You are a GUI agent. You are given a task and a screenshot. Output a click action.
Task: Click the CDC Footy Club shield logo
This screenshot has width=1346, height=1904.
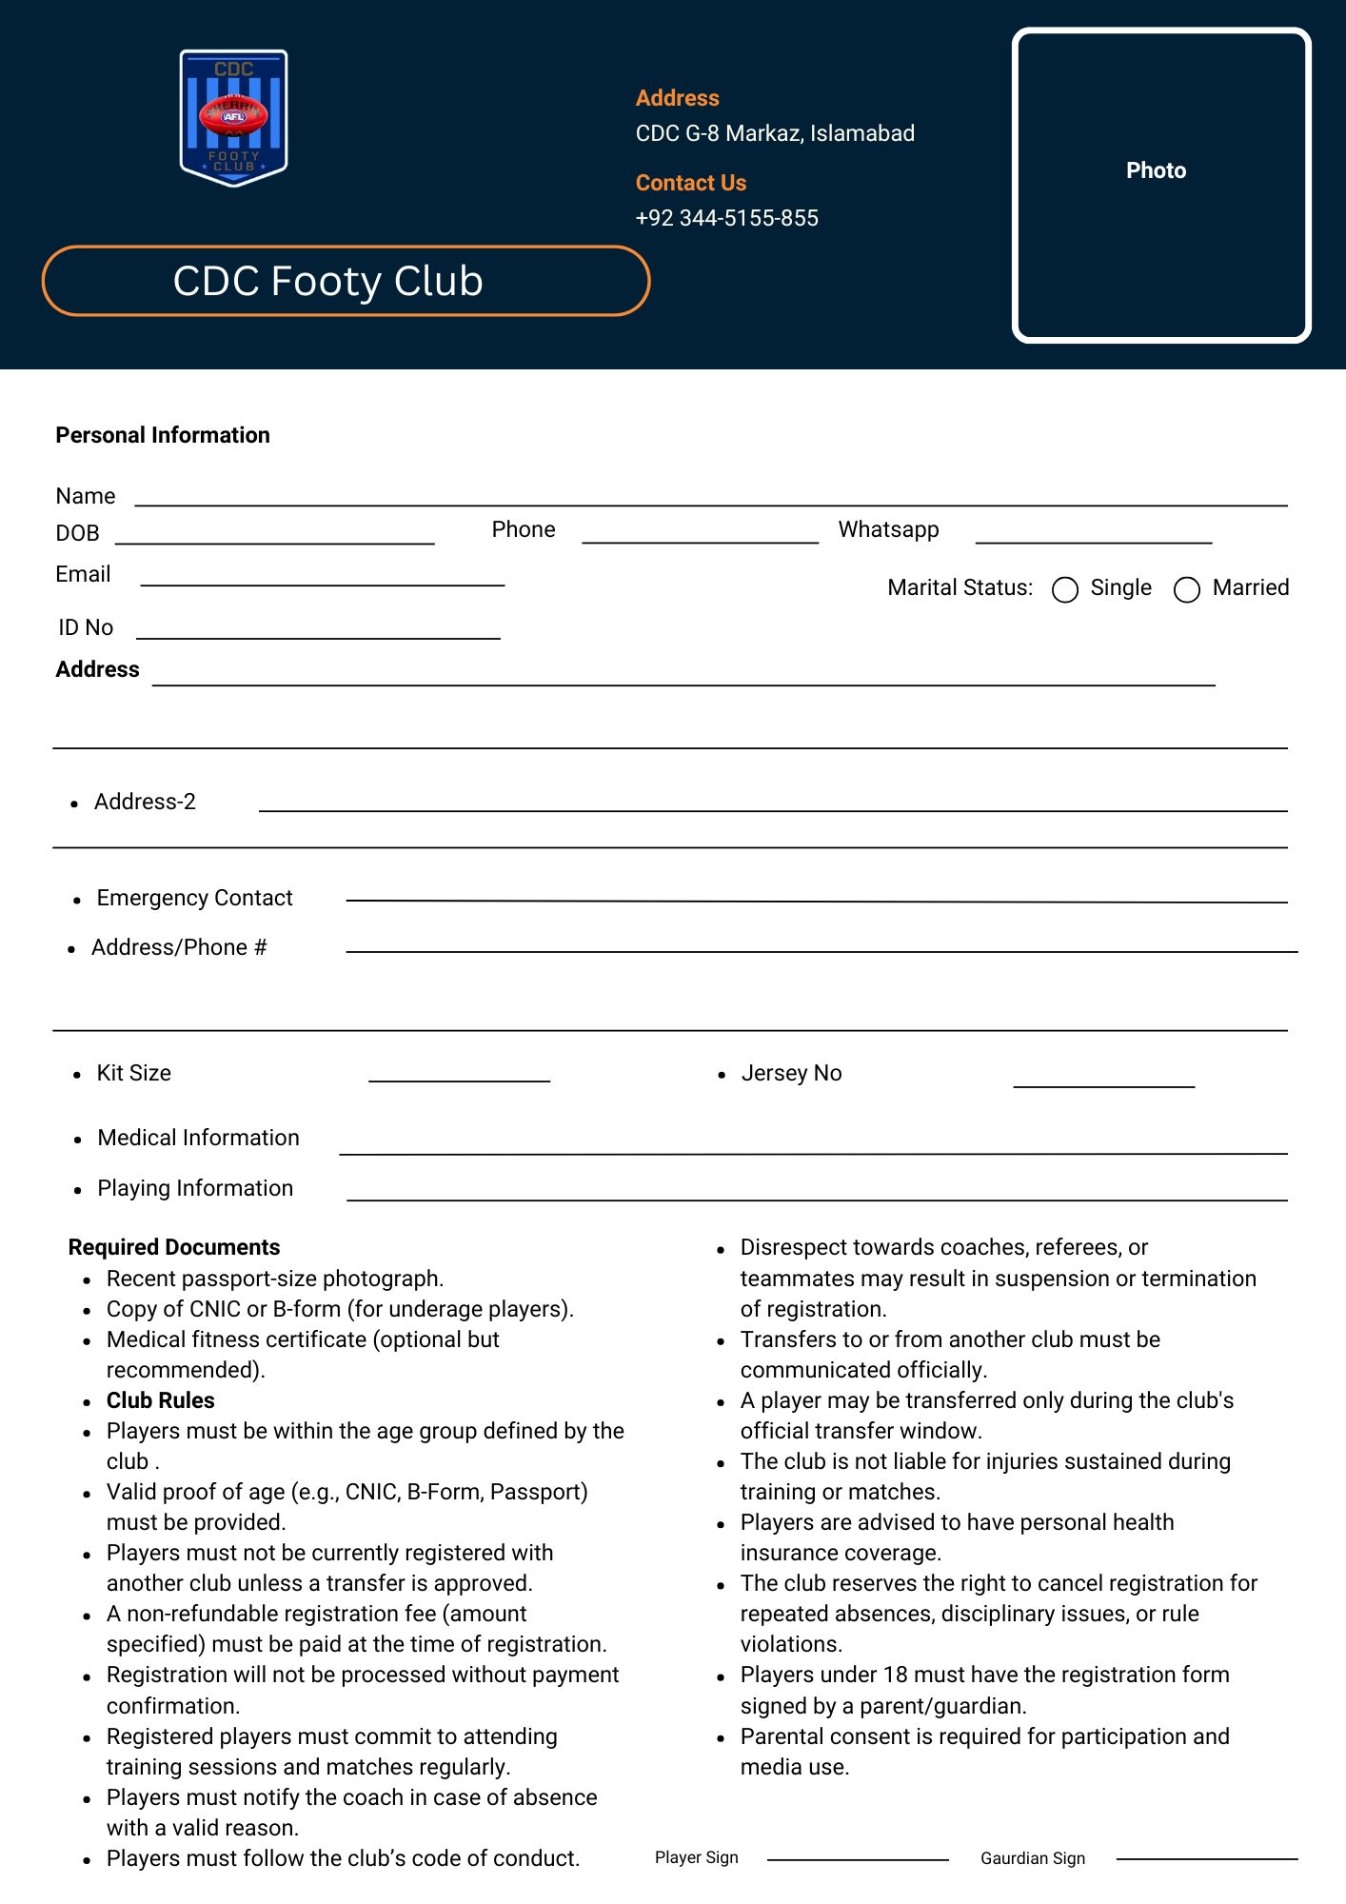pyautogui.click(x=233, y=117)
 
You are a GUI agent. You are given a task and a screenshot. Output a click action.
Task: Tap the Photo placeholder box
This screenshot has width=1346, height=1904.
pyautogui.click(x=1160, y=185)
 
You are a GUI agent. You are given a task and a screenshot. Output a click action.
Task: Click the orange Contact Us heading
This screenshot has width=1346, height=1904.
pyautogui.click(x=690, y=183)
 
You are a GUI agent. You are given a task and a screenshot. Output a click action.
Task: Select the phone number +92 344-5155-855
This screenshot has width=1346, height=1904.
pyautogui.click(x=726, y=218)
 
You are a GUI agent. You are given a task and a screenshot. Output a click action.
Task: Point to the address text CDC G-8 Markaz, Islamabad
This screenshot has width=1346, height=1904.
pyautogui.click(x=774, y=133)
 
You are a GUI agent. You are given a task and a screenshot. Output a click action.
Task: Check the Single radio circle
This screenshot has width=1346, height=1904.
pyautogui.click(x=1065, y=590)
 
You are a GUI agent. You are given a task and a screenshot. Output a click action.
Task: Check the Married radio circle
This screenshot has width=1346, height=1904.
pyautogui.click(x=1187, y=590)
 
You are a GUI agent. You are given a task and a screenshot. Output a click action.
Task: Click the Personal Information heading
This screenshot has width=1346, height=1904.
pyautogui.click(x=163, y=435)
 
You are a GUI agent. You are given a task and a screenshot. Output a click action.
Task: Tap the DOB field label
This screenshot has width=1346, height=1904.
pyautogui.click(x=77, y=533)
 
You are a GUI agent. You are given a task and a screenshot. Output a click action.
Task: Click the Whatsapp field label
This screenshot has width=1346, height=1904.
pyautogui.click(x=888, y=529)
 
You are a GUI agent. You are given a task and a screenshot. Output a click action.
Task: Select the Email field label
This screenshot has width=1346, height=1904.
pyautogui.click(x=83, y=574)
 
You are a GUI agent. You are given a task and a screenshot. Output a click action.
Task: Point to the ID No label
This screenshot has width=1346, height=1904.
pyautogui.click(x=86, y=627)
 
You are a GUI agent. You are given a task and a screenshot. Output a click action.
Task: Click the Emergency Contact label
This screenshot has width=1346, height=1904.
pyautogui.click(x=194, y=898)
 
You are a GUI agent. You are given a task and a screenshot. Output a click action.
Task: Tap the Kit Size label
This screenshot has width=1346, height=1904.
pyautogui.click(x=133, y=1073)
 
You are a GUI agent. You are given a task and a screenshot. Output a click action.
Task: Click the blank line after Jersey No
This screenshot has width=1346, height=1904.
pyautogui.click(x=1103, y=1084)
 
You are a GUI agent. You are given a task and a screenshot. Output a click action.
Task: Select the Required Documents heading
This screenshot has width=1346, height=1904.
pyautogui.click(x=174, y=1247)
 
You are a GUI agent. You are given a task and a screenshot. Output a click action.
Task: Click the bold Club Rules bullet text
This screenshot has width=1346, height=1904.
pyautogui.click(x=160, y=1400)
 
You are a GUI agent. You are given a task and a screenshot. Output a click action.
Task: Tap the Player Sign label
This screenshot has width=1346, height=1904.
pyautogui.click(x=696, y=1857)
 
